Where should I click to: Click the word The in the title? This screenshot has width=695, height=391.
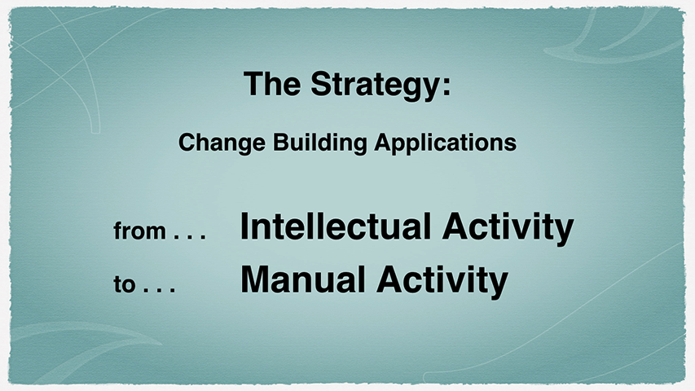point(271,83)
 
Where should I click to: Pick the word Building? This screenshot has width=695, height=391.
point(319,143)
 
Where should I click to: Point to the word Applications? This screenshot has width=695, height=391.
point(445,143)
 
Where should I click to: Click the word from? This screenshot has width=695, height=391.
point(139,231)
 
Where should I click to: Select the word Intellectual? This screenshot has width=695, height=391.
point(336,226)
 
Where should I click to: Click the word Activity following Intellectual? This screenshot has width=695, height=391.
point(508,229)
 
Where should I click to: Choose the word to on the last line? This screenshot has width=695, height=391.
point(124,283)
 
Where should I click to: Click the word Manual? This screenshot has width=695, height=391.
point(303,279)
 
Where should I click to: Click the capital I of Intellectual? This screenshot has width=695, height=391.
point(244,226)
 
